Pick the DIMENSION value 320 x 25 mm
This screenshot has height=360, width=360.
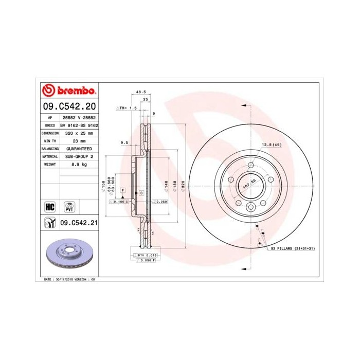coord(79,133)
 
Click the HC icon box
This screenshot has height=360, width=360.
coord(50,207)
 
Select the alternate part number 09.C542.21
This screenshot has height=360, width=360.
coord(79,223)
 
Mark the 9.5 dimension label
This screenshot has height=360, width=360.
coord(123,142)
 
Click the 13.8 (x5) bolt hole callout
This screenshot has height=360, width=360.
coord(272,146)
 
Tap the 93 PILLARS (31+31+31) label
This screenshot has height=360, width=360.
coord(292,248)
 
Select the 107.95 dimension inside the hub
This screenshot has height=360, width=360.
coord(249,183)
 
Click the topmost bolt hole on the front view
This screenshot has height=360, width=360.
coord(250,165)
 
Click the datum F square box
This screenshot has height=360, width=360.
coord(123,190)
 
